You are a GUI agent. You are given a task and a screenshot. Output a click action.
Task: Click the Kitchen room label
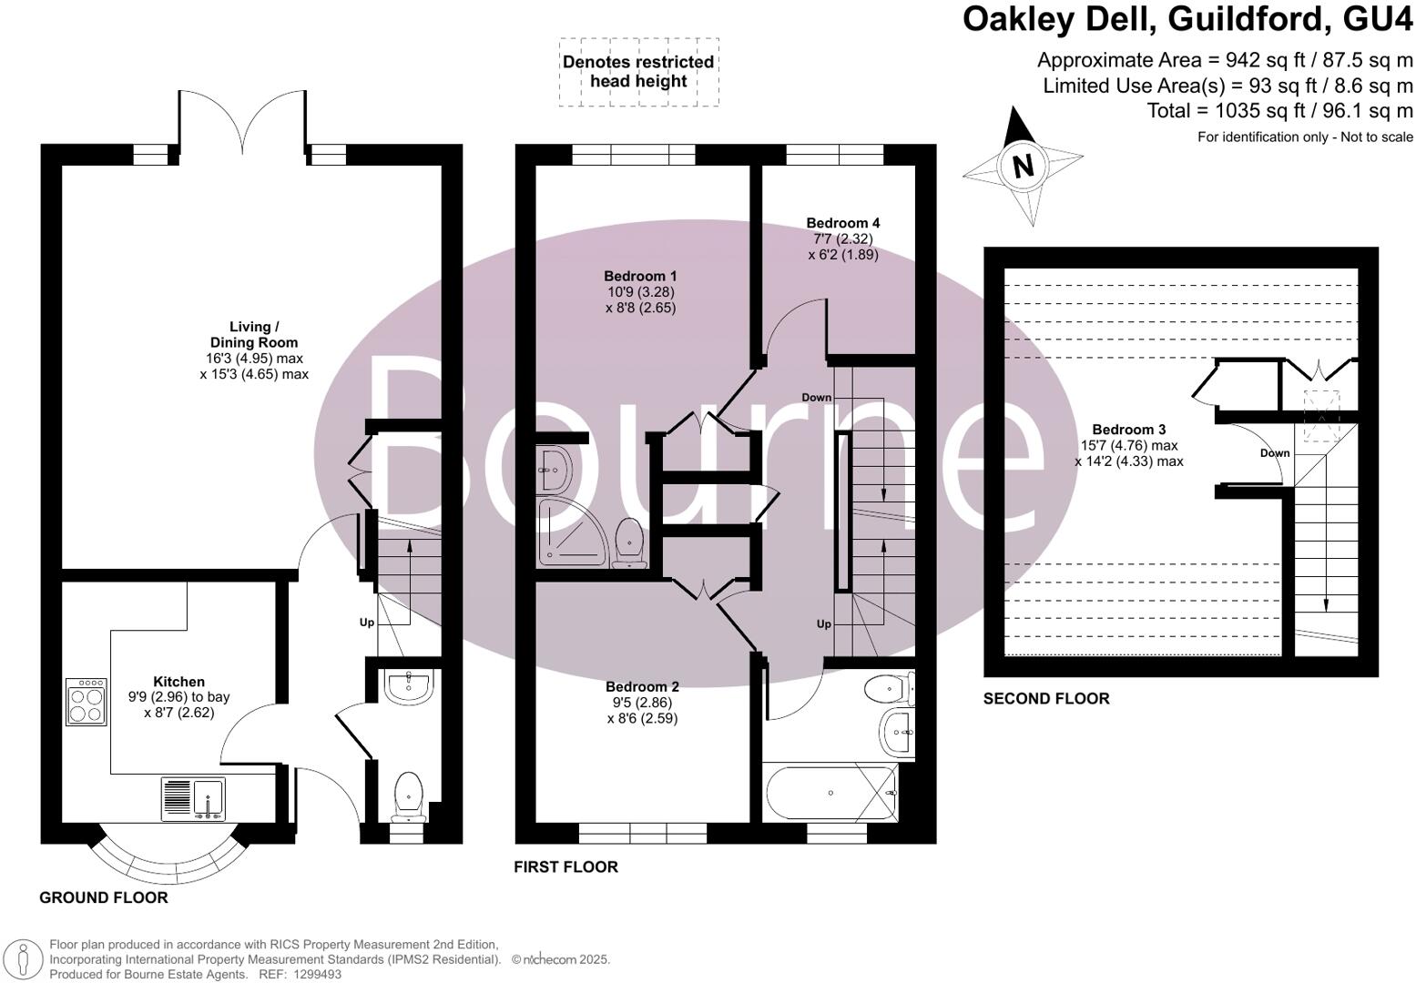point(178,682)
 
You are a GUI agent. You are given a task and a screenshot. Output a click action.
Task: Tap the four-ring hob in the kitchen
point(85,702)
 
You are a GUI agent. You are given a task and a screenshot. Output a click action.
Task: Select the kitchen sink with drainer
point(193,798)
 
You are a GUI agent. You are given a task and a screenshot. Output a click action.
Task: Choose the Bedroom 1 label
point(640,276)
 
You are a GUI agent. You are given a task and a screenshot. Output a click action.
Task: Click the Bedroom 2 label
point(642,686)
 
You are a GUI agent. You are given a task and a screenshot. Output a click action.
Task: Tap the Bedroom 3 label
point(1128,430)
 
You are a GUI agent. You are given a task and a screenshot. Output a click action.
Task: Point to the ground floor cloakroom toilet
point(408,794)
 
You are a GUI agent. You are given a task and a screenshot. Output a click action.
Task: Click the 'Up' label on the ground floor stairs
point(367,623)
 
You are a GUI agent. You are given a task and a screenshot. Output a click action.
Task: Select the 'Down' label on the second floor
point(1275,453)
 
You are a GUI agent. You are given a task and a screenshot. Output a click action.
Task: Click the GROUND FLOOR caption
point(103,897)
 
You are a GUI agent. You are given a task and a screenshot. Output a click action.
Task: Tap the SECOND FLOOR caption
point(1046,699)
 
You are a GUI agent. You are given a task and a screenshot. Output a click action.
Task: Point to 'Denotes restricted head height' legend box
point(638,72)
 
